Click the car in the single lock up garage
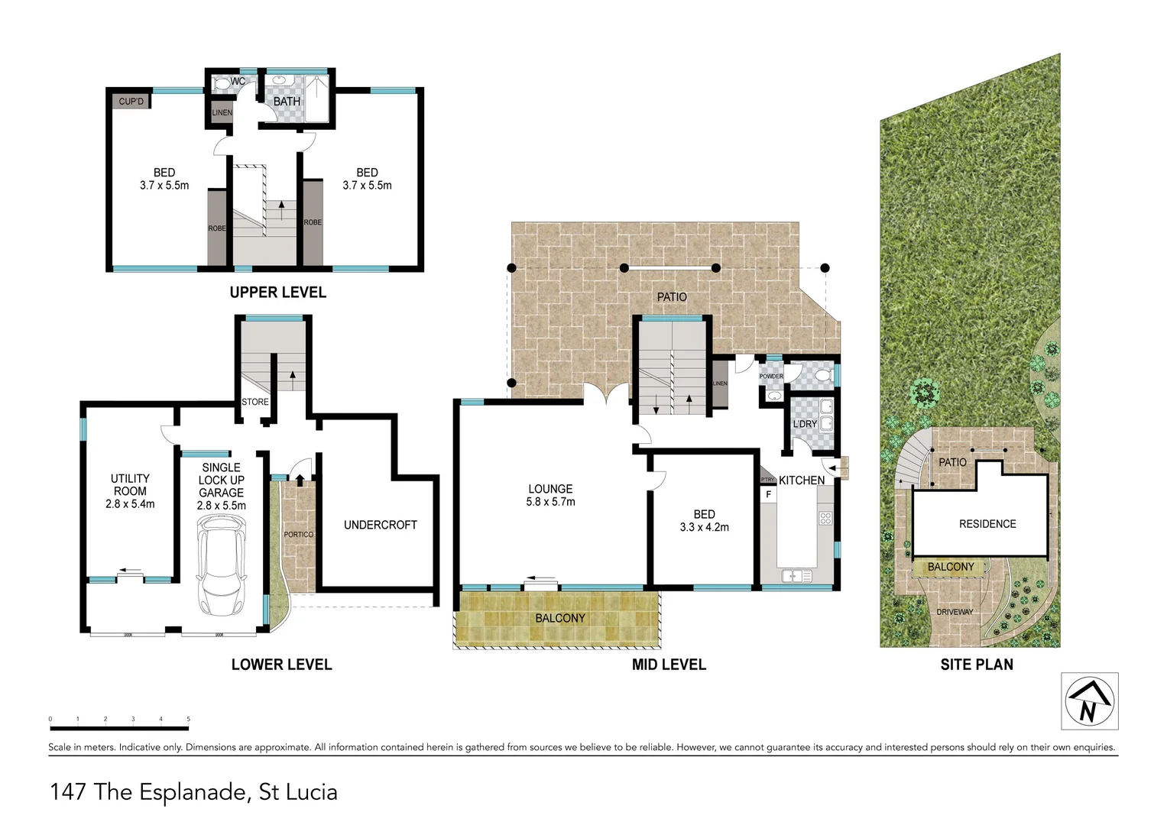coord(222,565)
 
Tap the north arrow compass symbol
coord(1089,701)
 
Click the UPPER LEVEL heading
coord(277,293)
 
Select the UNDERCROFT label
coord(380,525)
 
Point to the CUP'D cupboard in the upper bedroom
coord(131,101)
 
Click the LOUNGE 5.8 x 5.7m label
coord(550,495)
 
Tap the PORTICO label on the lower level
coord(298,535)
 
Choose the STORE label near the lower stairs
coord(255,402)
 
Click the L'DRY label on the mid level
coord(804,424)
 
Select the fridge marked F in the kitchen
coord(768,494)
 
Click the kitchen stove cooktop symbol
coord(825,519)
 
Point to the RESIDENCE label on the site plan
coord(987,524)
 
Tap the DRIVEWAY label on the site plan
coord(955,612)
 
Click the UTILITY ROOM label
coord(130,491)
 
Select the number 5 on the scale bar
coord(188,719)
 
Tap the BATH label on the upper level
coord(287,102)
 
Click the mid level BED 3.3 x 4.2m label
coord(704,520)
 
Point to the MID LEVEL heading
coord(669,665)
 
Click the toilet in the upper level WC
coord(221,83)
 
